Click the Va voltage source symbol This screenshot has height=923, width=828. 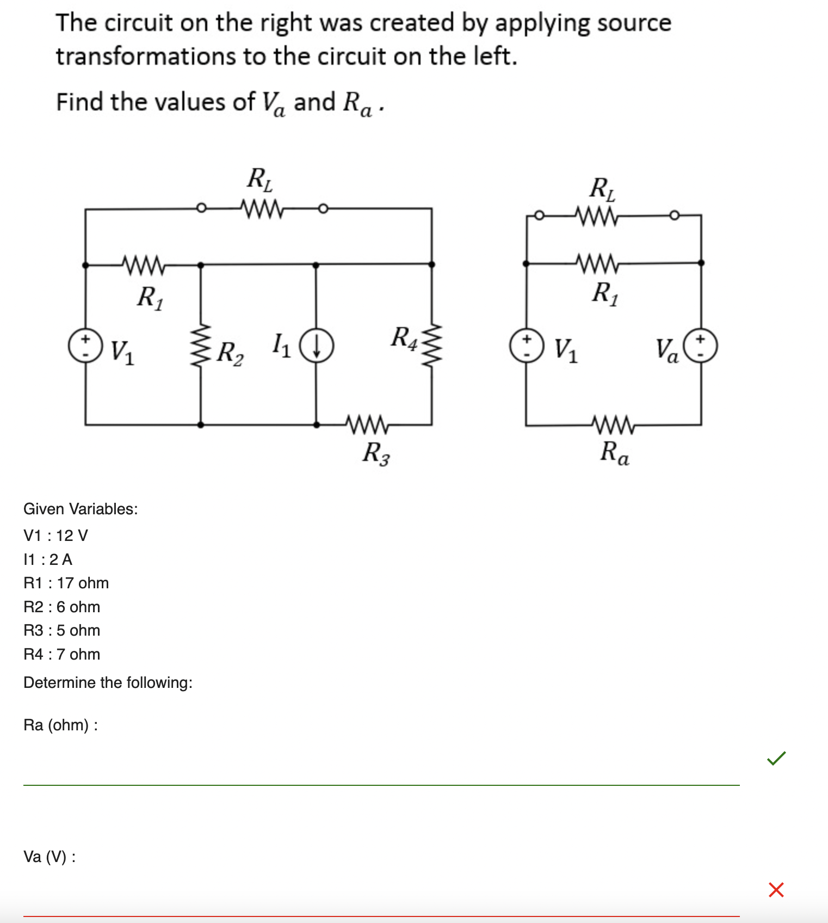700,346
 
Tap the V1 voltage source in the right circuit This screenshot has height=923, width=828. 526,346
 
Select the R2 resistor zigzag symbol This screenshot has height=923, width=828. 201,345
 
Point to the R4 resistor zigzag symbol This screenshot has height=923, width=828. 432,345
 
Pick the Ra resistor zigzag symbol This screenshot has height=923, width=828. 613,425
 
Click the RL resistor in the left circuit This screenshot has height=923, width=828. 262,208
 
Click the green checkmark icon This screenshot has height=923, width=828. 776,758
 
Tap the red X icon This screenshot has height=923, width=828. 776,890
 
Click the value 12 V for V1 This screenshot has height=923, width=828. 72,536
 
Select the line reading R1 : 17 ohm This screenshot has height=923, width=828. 66,583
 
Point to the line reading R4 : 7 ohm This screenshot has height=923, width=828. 62,654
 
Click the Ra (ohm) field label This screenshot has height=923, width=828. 60,725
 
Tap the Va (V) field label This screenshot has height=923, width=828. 50,857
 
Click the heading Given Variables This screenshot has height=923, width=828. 81,509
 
